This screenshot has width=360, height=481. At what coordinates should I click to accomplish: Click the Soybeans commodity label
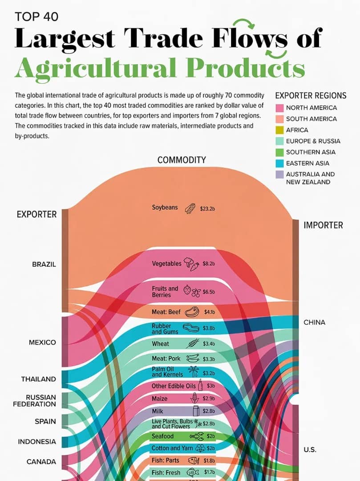(x=165, y=208)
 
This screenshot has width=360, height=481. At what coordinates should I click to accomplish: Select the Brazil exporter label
(x=44, y=264)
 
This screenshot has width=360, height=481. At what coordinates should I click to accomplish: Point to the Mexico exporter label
(x=43, y=342)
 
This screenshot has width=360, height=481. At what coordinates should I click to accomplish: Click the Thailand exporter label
(x=39, y=379)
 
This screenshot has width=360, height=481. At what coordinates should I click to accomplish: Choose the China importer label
(x=315, y=322)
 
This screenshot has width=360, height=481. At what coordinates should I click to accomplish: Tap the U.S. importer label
(x=310, y=449)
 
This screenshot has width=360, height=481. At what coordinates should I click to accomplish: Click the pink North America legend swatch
(x=279, y=108)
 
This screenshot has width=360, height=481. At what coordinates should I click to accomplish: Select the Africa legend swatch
(x=279, y=130)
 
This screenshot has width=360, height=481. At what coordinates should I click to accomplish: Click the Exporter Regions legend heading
(x=311, y=95)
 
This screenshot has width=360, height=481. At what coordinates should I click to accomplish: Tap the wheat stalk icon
(x=192, y=343)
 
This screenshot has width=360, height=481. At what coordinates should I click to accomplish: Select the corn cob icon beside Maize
(x=194, y=398)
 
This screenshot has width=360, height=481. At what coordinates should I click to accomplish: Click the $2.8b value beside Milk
(x=209, y=411)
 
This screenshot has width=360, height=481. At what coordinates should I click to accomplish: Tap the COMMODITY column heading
(x=182, y=160)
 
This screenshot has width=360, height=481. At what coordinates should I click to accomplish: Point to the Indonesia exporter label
(x=37, y=442)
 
